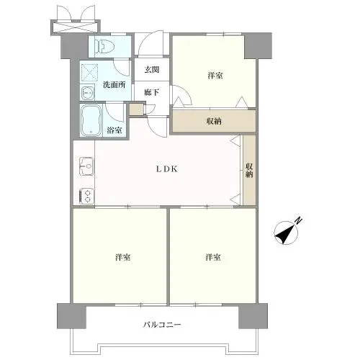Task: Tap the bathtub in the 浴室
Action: (x=91, y=120)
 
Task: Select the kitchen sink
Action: (x=86, y=166)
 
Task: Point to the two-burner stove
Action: (x=86, y=196)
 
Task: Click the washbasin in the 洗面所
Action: (x=87, y=93)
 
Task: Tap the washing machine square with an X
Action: (x=89, y=73)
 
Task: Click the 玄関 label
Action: (x=152, y=70)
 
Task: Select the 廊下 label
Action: (x=152, y=92)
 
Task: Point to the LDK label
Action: (x=167, y=169)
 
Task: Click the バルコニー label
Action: (x=162, y=325)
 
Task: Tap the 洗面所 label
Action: (x=114, y=84)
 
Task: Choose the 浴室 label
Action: (x=114, y=130)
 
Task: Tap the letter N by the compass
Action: (x=299, y=220)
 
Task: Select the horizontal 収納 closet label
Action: (x=214, y=122)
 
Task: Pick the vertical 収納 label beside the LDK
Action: (x=249, y=171)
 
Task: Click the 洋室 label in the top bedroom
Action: (x=215, y=76)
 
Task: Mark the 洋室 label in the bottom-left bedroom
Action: (x=123, y=257)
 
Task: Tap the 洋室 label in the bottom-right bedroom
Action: (x=213, y=257)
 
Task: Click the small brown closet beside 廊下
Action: (x=137, y=109)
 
